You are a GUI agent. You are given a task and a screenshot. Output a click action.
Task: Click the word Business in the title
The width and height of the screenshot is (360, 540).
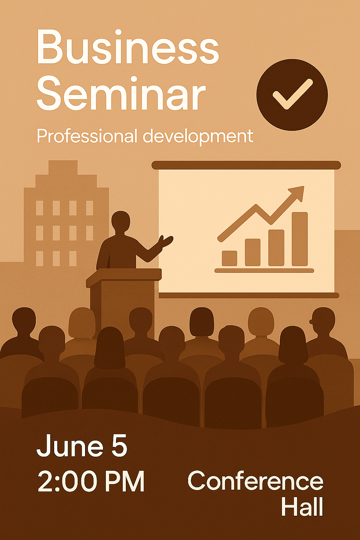click(128, 47)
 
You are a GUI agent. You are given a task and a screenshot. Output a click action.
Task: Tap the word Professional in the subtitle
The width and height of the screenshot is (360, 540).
click(87, 136)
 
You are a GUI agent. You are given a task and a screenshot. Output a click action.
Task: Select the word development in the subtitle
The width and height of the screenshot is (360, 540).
click(198, 137)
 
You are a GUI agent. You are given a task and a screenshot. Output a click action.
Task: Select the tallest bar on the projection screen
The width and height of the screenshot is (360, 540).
click(300, 239)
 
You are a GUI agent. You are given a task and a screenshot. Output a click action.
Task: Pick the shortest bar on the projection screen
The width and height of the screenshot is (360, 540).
click(229, 258)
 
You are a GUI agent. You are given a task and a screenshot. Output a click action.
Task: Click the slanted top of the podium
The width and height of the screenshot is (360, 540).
click(124, 277)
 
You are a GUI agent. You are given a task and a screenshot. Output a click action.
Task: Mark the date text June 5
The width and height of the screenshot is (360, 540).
click(82, 445)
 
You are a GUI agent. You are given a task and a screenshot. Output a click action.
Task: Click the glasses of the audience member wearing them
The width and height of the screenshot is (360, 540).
click(311, 322)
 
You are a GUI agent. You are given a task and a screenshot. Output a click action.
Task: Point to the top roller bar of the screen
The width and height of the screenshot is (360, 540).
click(246, 165)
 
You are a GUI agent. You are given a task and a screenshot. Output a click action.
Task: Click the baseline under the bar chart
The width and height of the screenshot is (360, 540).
click(264, 270)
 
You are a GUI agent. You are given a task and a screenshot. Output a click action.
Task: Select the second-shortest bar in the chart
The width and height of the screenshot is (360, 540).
click(253, 252)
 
